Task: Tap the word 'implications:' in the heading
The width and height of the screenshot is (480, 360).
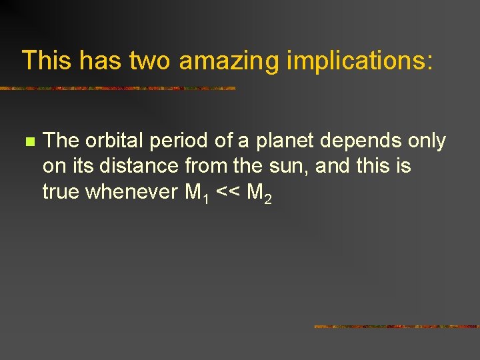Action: tap(360, 61)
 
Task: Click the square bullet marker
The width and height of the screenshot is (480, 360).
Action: tap(29, 142)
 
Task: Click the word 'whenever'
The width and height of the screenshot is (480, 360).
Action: tap(133, 192)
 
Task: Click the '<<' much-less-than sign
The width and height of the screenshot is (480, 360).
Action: tap(227, 193)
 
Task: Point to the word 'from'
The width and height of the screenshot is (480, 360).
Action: tap(201, 167)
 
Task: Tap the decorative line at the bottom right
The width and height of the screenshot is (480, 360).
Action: tap(397, 327)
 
